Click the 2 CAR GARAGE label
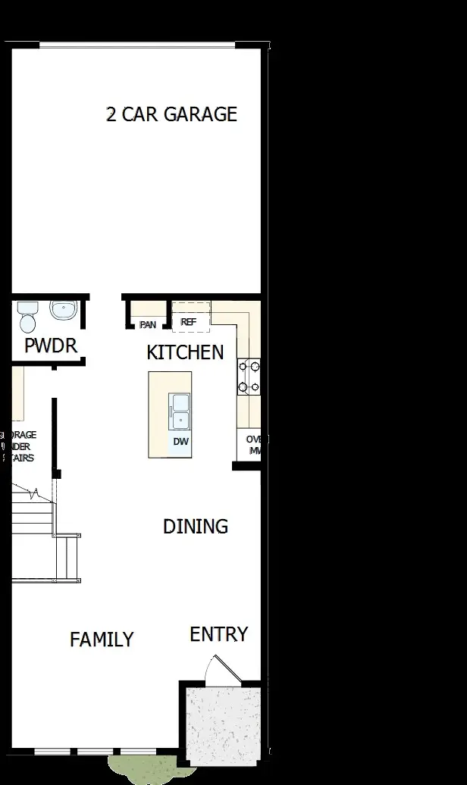tap(171, 114)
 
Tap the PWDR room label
tap(51, 346)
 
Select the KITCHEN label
tap(185, 352)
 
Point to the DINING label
tap(196, 526)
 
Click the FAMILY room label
tap(102, 640)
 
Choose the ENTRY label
tap(218, 634)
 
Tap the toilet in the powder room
tap(27, 316)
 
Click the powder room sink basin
tap(63, 311)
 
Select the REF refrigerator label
tap(189, 322)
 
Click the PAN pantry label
tap(148, 325)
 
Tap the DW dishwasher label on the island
tap(180, 441)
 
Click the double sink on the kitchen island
tap(180, 411)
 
